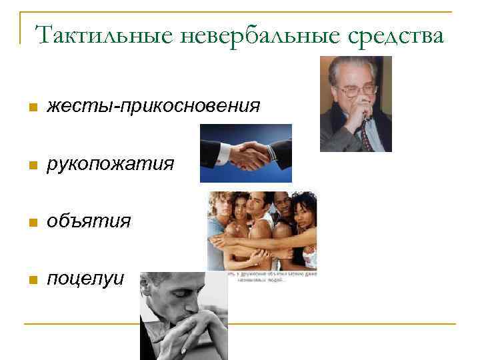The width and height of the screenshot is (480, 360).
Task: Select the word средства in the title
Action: click(390, 35)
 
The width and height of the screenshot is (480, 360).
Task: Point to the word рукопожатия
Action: click(111, 163)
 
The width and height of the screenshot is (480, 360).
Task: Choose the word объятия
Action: click(89, 221)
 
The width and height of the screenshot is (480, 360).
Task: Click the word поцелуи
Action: click(85, 278)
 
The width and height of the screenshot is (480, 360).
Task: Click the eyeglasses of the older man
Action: click(356, 90)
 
